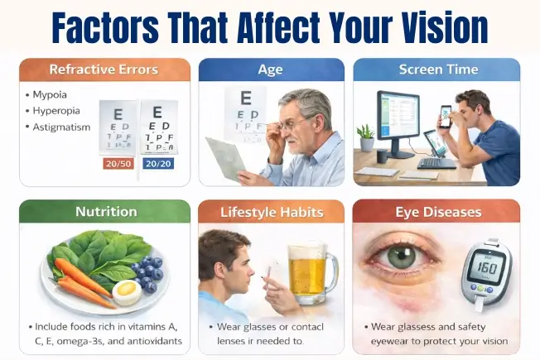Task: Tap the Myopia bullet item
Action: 51,94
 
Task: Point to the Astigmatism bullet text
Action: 62,127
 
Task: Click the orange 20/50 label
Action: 117,164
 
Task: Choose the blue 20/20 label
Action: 158,164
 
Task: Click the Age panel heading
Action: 271,70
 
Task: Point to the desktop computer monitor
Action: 398,119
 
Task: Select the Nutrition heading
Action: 105,212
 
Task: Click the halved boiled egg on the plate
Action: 127,292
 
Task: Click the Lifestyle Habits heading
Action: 271,212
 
